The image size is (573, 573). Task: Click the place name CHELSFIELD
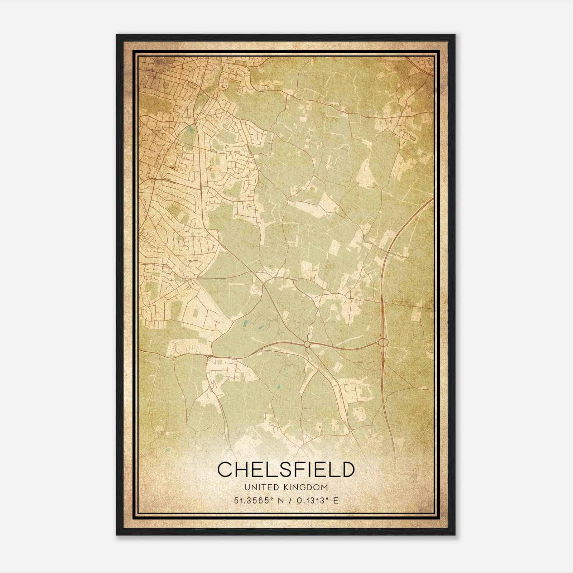coord(286,470)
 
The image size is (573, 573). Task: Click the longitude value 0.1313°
coord(310,500)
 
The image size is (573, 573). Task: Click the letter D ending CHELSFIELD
coord(346,470)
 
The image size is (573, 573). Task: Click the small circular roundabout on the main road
coord(307,344)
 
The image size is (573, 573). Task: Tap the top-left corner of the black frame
coord(117,35)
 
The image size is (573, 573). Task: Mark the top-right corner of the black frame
coord(455,35)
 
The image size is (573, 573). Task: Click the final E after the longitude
coord(335,500)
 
